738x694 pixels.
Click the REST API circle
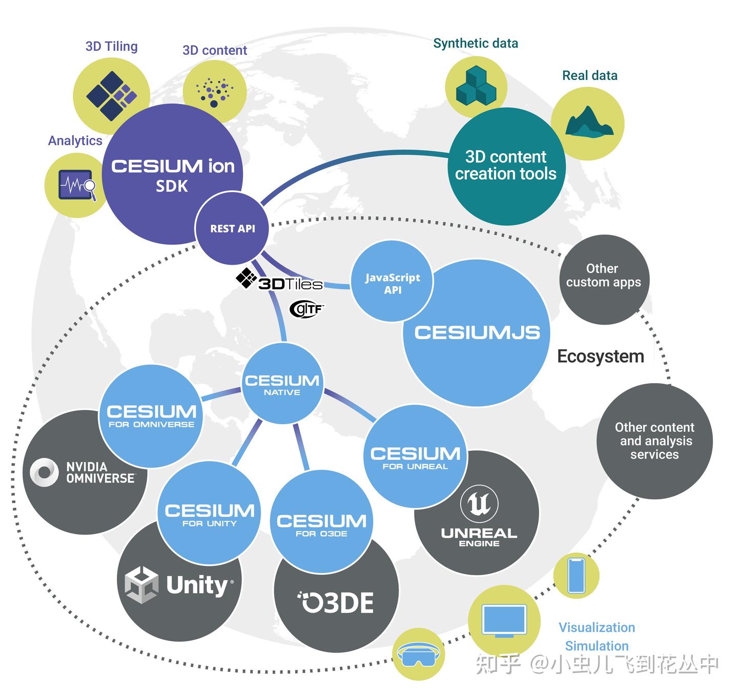click(232, 228)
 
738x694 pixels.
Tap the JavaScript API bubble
click(392, 283)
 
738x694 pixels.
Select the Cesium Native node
click(282, 384)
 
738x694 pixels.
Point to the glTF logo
click(306, 309)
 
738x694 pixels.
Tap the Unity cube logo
click(141, 585)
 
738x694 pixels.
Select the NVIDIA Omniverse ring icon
click(44, 472)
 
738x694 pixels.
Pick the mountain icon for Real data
click(588, 122)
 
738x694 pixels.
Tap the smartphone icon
click(577, 575)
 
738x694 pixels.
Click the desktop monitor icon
click(504, 621)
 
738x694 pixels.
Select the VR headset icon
click(419, 655)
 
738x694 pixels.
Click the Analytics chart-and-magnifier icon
click(77, 185)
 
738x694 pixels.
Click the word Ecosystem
click(600, 356)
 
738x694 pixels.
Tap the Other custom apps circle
click(604, 280)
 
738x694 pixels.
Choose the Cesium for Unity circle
click(209, 512)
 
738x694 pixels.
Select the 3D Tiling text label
click(111, 47)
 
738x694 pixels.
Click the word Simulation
click(597, 646)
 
